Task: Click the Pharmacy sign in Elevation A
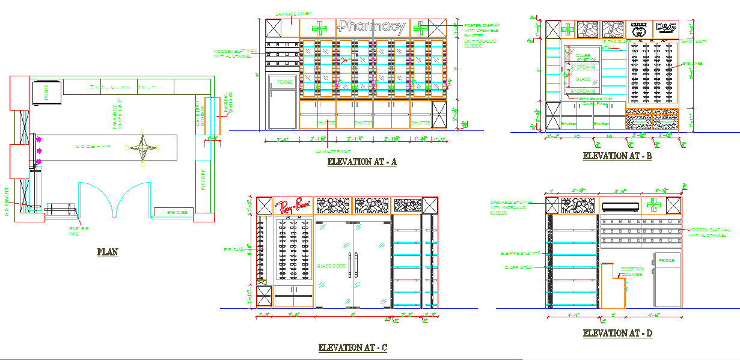point(372,27)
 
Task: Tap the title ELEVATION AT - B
point(617,156)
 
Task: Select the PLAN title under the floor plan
point(108,252)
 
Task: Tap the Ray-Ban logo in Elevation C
point(294,206)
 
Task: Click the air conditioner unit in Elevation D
point(620,206)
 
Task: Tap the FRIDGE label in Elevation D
point(666,261)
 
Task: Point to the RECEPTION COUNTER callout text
point(632,272)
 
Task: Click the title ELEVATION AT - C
point(352,347)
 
